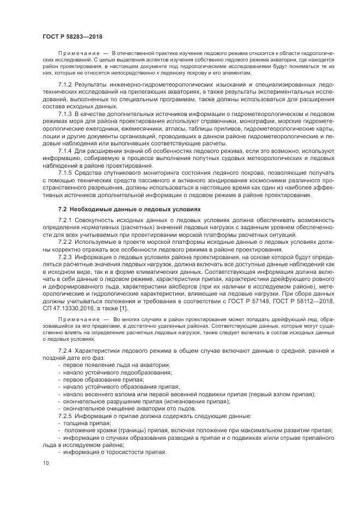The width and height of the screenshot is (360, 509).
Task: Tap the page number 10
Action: click(x=46, y=463)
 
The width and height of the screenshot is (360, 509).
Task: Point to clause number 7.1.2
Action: click(x=66, y=85)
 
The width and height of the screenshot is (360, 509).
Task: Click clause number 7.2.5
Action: click(x=66, y=416)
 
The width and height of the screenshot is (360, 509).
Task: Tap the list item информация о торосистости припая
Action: click(x=114, y=452)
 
